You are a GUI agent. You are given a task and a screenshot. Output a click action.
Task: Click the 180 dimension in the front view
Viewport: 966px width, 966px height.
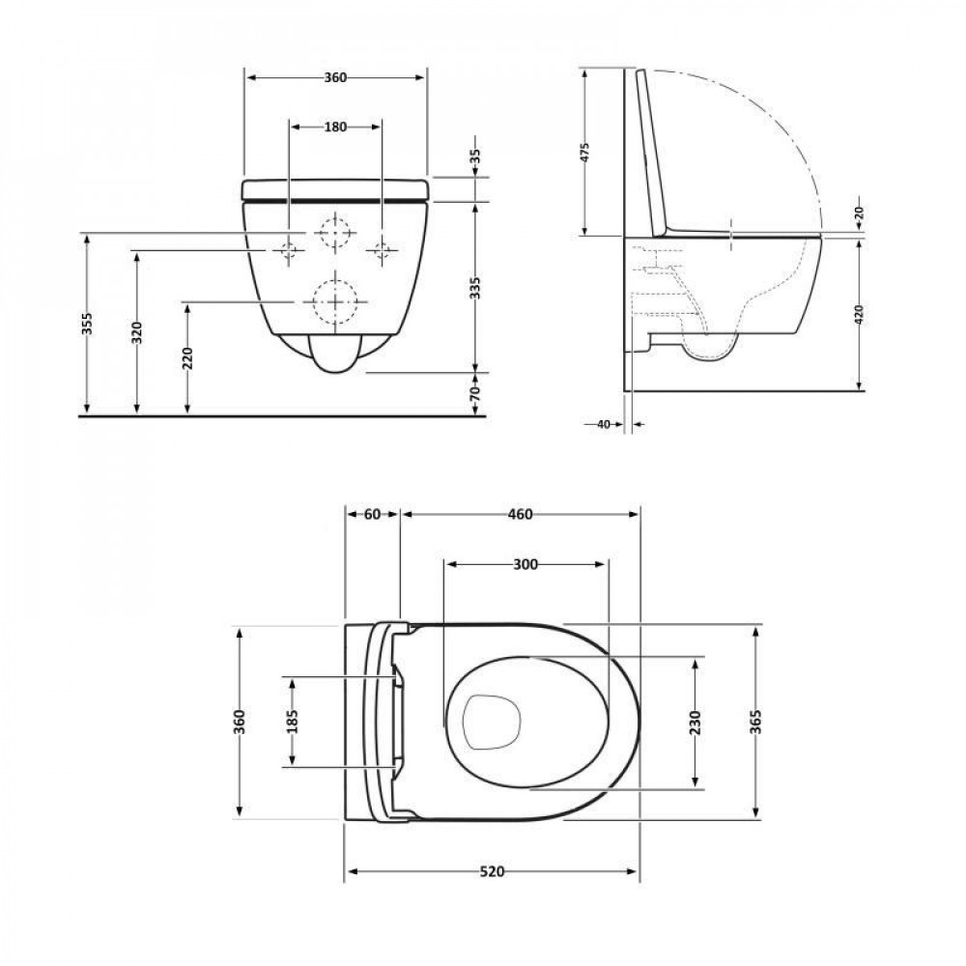click(x=335, y=126)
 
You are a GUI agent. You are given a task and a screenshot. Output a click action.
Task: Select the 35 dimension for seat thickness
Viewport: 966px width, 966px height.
click(x=475, y=156)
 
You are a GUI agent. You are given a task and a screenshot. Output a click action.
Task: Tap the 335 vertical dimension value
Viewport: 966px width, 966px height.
click(x=475, y=286)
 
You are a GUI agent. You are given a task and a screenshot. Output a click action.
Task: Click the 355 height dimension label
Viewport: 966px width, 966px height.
click(x=87, y=325)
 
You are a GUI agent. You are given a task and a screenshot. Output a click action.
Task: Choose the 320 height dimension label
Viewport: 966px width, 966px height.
click(x=137, y=332)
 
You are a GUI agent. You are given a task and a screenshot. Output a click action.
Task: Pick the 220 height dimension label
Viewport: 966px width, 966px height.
click(x=187, y=358)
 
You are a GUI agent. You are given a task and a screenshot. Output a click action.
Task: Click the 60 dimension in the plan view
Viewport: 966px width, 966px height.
click(x=372, y=514)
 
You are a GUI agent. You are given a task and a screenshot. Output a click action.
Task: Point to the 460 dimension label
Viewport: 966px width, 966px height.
click(x=520, y=514)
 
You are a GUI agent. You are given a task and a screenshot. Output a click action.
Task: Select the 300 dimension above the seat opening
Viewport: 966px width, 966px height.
click(x=525, y=564)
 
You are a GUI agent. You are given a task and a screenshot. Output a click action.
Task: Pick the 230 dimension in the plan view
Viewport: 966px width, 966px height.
click(x=696, y=722)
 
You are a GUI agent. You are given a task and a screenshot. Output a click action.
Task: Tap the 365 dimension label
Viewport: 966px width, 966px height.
click(x=756, y=722)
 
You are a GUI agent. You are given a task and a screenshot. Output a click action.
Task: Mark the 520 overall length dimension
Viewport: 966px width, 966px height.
click(x=493, y=871)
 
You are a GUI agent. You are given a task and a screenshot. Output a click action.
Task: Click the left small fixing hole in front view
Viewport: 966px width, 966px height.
click(x=288, y=252)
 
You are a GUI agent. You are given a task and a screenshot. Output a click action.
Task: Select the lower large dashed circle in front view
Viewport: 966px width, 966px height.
click(x=334, y=301)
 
